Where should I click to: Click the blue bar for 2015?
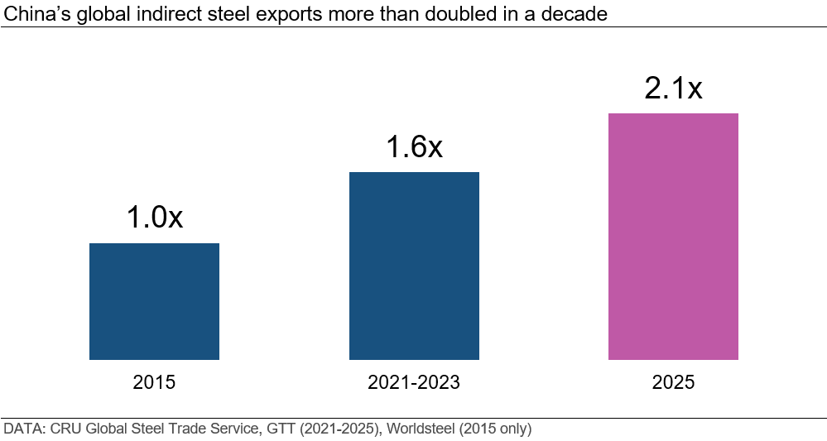pos(154,301)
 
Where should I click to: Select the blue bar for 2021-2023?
pos(414,266)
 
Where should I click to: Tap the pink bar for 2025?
pos(673,237)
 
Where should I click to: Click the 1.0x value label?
pos(154,218)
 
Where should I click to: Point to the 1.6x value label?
pos(414,146)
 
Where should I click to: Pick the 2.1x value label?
pos(673,88)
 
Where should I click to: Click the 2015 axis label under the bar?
pos(154,382)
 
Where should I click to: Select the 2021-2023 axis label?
pos(414,382)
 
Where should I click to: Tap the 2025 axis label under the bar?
pos(673,382)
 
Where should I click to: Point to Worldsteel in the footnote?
pos(408,429)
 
